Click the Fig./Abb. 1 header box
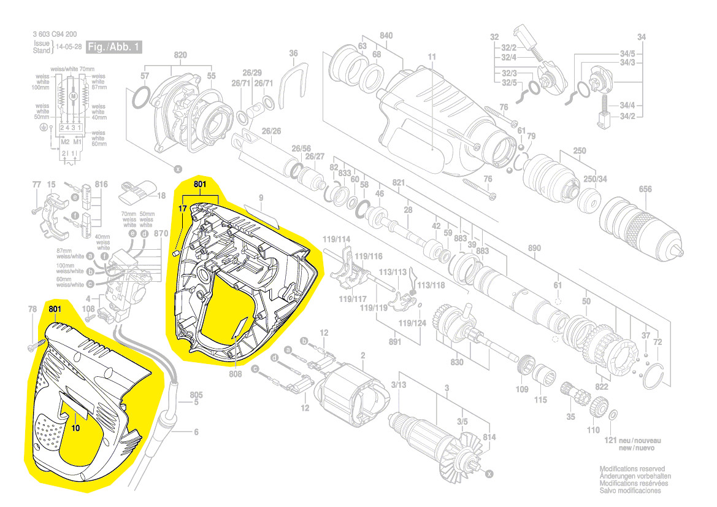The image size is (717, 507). [114, 47]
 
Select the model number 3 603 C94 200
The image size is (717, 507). [59, 35]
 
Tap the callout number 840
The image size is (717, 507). [386, 36]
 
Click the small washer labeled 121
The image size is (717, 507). [613, 416]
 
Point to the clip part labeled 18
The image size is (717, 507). [137, 193]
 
